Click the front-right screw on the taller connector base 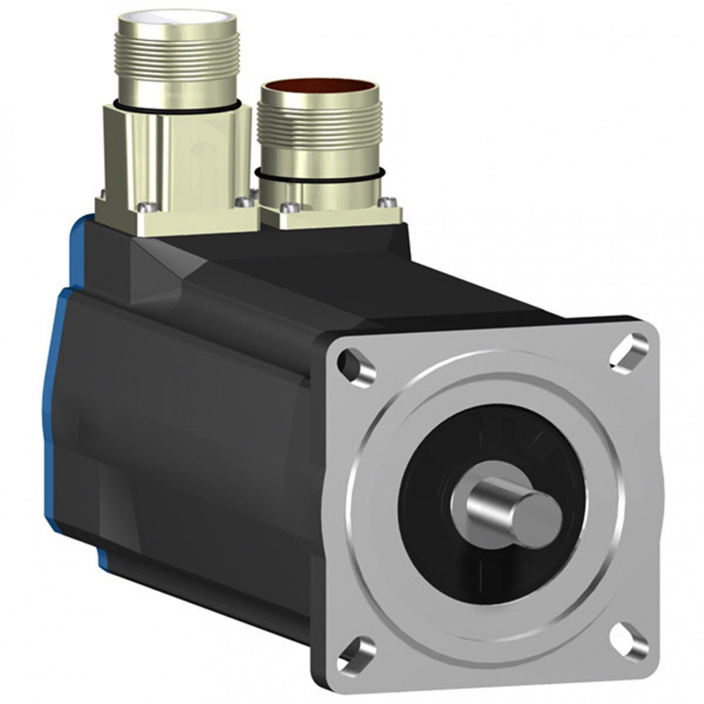coord(242,202)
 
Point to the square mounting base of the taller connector coord(176,217)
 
